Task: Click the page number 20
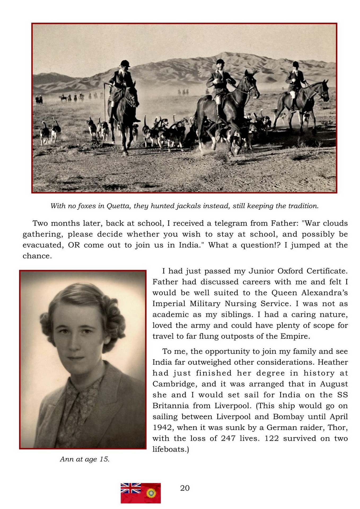click(185, 488)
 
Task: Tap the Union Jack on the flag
click(131, 488)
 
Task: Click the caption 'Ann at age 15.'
click(85, 459)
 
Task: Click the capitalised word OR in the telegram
click(74, 245)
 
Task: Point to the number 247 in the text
click(228, 438)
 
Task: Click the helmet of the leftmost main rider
click(125, 63)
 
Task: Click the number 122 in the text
click(272, 438)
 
